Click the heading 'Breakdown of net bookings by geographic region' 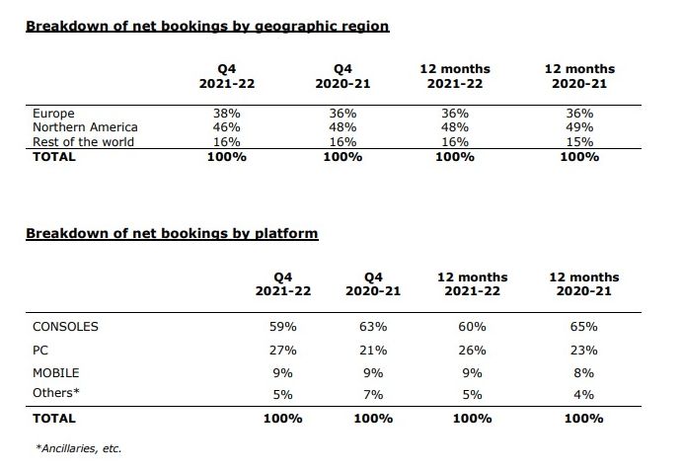click(207, 26)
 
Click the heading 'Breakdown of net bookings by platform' click(171, 233)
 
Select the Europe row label click(53, 114)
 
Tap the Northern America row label click(85, 127)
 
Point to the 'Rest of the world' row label click(83, 141)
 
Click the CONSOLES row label click(66, 326)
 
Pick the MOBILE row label click(56, 373)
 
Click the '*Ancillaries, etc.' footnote click(79, 448)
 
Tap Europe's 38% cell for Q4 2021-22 click(227, 114)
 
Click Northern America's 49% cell click(579, 127)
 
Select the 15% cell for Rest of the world click(579, 141)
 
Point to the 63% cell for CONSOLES click(373, 326)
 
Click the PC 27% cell click(283, 350)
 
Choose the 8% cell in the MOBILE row click(583, 373)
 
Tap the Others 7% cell click(373, 393)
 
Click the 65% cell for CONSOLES click(583, 326)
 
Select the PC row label click(41, 350)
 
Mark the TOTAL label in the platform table click(54, 418)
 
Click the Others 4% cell click(583, 393)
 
